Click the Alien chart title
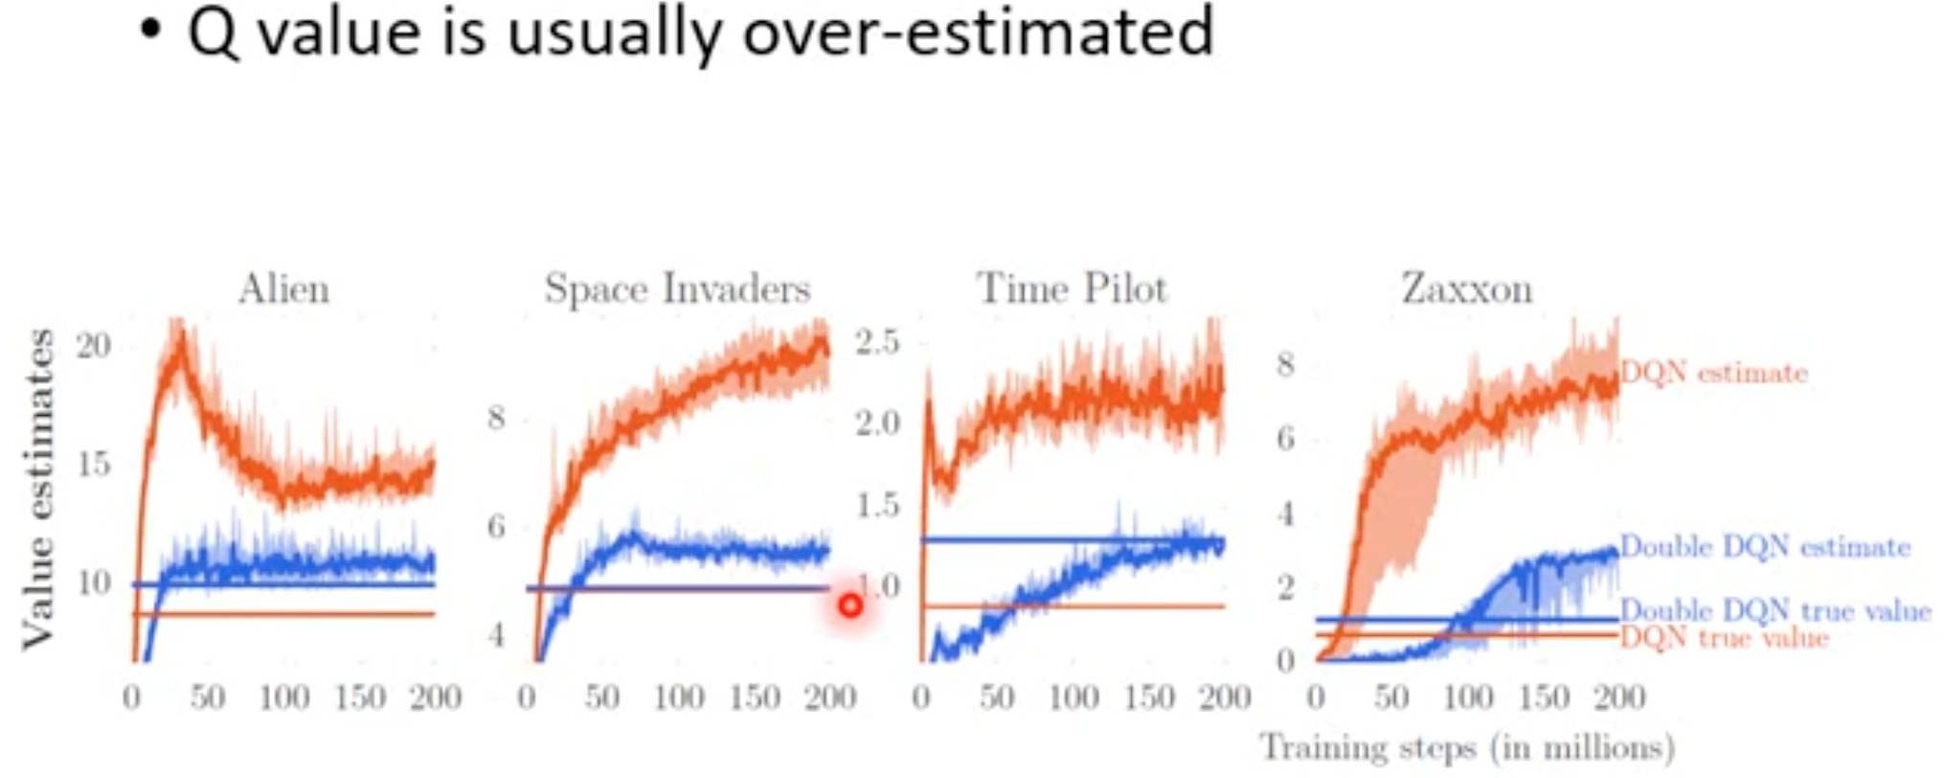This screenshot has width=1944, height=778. pos(283,288)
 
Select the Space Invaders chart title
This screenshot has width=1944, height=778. pos(677,288)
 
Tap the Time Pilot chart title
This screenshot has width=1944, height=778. pos(1072,288)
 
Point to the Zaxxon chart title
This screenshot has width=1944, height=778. pos(1467,288)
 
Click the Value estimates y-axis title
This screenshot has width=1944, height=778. pos(38,489)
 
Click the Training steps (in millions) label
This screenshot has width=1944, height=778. pos(1467,747)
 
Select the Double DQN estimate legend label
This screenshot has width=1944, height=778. pos(1765,547)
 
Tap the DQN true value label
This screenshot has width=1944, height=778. pos(1724,637)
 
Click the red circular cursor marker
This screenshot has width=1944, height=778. pos(849,606)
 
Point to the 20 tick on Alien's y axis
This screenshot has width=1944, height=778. pos(94,346)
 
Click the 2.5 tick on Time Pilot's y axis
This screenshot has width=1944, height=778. pos(877,342)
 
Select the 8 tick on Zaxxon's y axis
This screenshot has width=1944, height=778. pos(1285,365)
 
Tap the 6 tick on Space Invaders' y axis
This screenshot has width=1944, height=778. pos(495,526)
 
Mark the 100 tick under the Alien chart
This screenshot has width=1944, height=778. pos(283,697)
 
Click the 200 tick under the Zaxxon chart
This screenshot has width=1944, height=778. pos(1618,697)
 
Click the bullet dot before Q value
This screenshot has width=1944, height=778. pos(149,30)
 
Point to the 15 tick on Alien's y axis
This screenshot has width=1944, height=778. pos(94,465)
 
